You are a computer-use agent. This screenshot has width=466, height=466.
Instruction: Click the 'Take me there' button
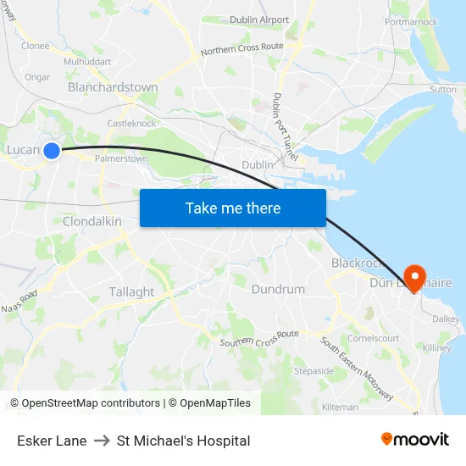click(x=233, y=208)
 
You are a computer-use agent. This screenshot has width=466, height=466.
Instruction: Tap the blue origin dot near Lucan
click(x=52, y=151)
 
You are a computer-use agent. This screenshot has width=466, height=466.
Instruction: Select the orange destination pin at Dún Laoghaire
click(x=414, y=276)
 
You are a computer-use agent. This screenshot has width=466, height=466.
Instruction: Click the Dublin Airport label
click(x=259, y=19)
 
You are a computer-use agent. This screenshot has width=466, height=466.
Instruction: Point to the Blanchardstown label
click(x=113, y=87)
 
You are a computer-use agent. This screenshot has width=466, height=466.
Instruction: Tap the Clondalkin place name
click(x=92, y=221)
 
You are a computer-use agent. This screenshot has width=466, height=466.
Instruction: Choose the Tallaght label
click(x=131, y=291)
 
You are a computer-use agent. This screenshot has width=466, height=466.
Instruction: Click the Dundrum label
click(x=278, y=289)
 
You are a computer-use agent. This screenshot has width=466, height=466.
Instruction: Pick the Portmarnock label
click(x=411, y=22)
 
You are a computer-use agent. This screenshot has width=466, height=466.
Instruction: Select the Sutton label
click(x=442, y=89)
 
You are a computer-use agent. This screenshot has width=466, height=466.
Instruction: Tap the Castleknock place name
click(x=131, y=124)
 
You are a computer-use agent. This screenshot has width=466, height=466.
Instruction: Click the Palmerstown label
click(x=121, y=158)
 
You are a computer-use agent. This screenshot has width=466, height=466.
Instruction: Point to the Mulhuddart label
click(x=87, y=62)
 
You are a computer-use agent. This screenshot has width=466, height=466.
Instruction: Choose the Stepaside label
click(x=313, y=371)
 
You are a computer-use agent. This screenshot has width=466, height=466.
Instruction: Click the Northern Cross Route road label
click(x=242, y=50)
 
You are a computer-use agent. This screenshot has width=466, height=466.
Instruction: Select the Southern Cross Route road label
click(x=259, y=339)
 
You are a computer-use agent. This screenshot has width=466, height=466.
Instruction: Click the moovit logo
click(x=415, y=440)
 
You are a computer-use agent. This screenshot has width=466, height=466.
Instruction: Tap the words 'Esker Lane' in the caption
click(x=52, y=441)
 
